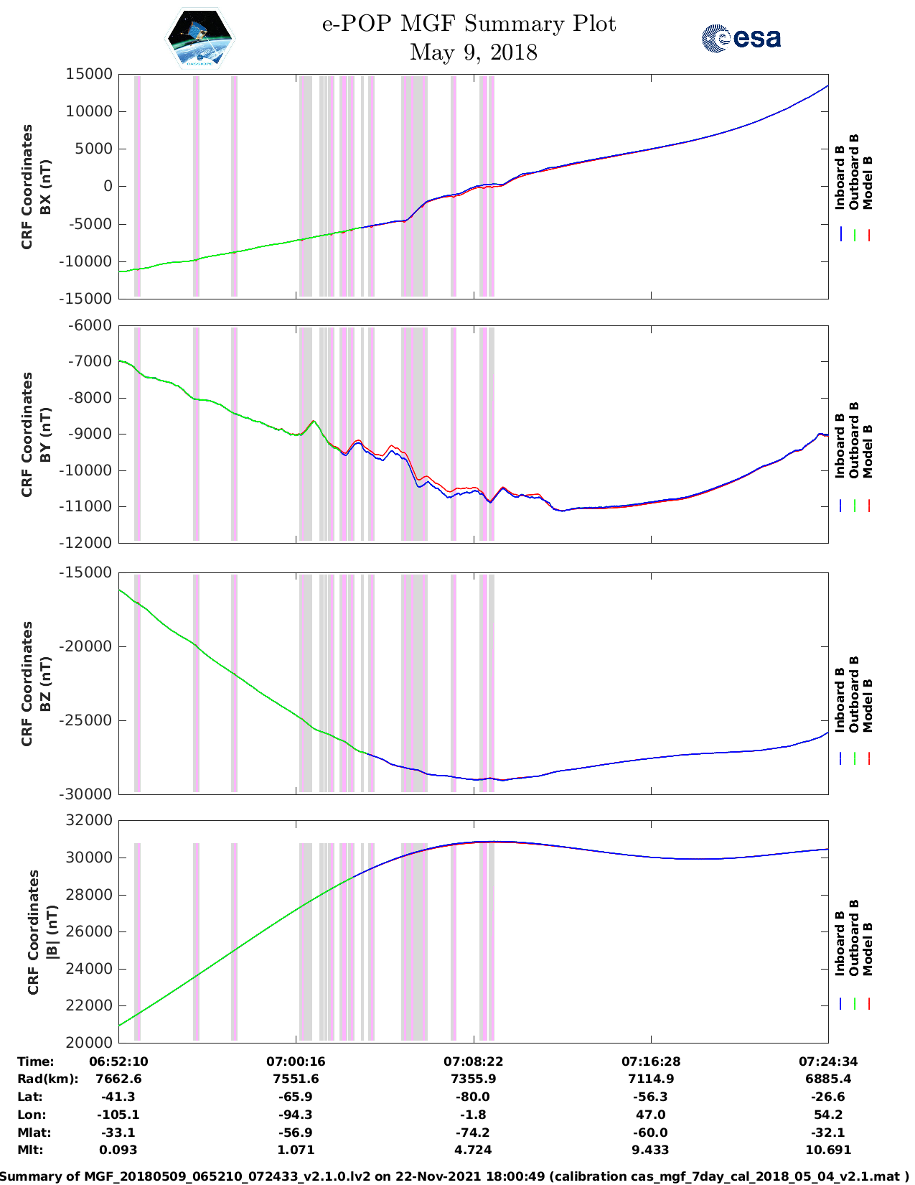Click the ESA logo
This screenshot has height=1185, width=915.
click(x=741, y=38)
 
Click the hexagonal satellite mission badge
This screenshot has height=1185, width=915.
click(x=200, y=38)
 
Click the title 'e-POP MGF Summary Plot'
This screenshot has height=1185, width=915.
click(x=469, y=24)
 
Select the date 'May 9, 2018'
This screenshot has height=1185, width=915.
click(x=473, y=52)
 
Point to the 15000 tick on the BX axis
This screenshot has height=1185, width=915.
click(x=89, y=74)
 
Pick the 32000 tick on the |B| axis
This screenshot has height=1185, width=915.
click(x=89, y=820)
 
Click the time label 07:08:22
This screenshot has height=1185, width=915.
click(x=473, y=1061)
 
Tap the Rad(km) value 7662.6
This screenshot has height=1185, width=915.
click(x=118, y=1079)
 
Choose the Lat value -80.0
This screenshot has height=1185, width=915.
click(x=473, y=1097)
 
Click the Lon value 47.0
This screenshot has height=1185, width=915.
click(x=651, y=1115)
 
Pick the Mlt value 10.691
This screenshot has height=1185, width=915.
click(x=828, y=1150)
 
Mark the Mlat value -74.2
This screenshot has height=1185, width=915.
click(x=473, y=1133)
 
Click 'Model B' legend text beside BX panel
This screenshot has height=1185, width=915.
click(x=868, y=182)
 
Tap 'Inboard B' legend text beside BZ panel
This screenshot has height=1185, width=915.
click(x=840, y=700)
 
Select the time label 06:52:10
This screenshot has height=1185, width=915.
click(x=118, y=1061)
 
